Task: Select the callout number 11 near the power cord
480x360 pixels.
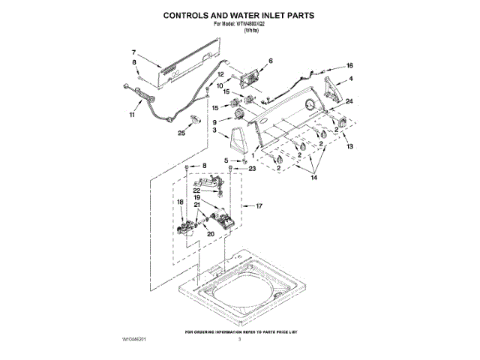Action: pos(133,116)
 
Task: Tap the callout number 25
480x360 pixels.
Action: pos(181,133)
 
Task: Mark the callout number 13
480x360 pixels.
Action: pos(349,148)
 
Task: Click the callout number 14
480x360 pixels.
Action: pos(314,178)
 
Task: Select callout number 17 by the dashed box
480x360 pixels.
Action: pos(259,205)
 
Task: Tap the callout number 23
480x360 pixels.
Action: pos(252,169)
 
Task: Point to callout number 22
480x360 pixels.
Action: pos(196,190)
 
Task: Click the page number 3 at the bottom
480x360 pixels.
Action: pos(239,340)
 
